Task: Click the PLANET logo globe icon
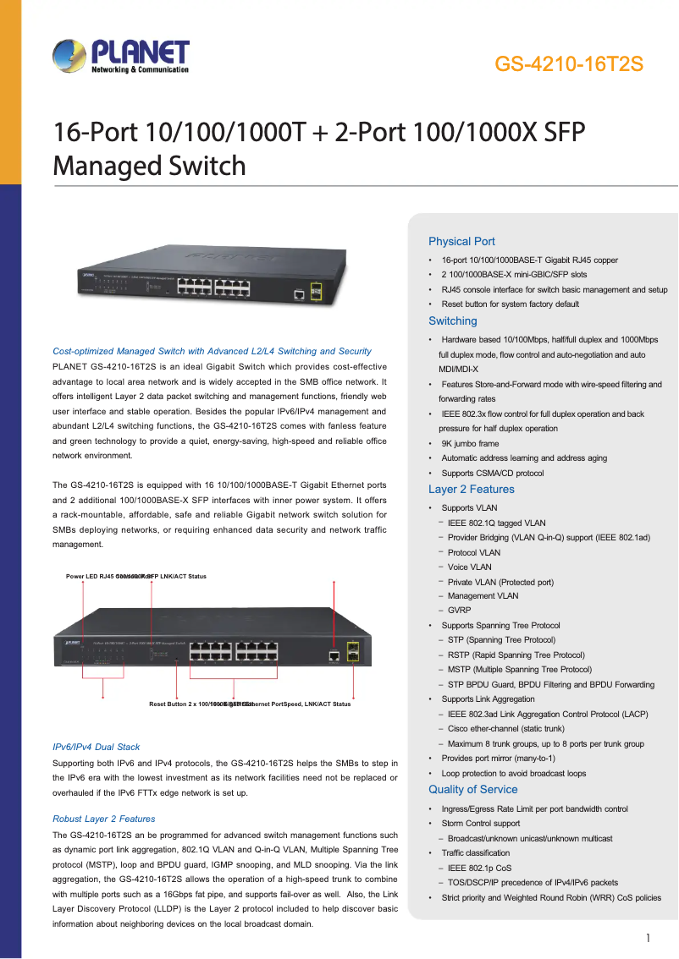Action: point(69,58)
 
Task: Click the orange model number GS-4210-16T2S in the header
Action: point(569,64)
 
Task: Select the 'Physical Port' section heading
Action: point(461,241)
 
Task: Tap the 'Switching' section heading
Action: point(453,321)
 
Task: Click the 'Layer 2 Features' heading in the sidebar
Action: point(472,490)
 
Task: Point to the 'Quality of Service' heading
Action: point(473,790)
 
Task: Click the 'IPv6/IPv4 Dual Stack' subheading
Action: point(97,748)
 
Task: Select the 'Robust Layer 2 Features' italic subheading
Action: point(104,819)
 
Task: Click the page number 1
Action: point(648,938)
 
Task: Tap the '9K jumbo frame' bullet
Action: point(470,443)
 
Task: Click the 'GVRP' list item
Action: point(460,611)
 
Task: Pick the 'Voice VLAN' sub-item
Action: point(470,567)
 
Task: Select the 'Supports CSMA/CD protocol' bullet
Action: point(493,474)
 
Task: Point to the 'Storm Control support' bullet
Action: point(481,824)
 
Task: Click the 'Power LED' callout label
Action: point(85,577)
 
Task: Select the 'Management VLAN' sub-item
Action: point(483,596)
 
